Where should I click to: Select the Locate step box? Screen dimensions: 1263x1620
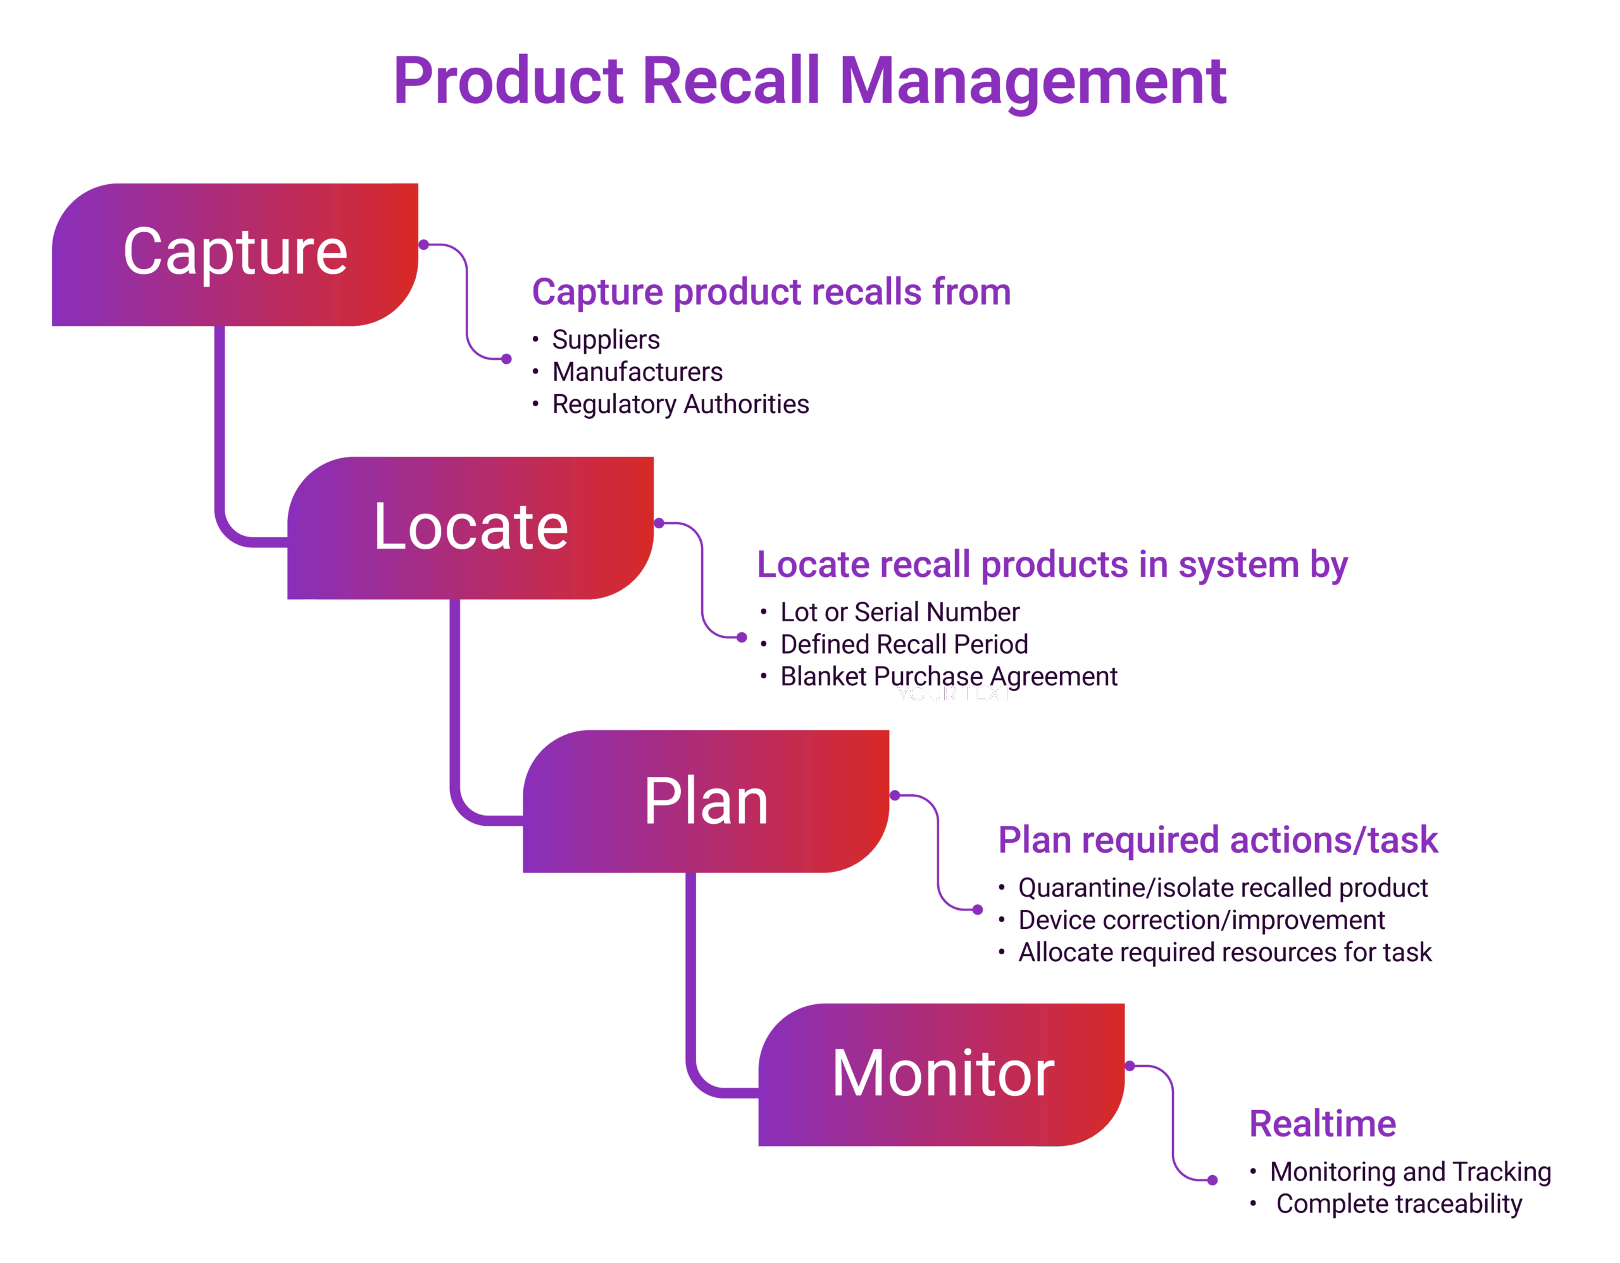[x=470, y=527]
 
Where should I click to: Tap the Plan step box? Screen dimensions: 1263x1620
[x=706, y=801]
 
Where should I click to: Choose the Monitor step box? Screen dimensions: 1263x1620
[x=941, y=1074]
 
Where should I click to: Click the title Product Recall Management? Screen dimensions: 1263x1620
[x=809, y=81]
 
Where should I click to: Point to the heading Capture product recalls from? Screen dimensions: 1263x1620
[x=771, y=292]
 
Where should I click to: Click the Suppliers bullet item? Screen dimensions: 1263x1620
[x=605, y=340]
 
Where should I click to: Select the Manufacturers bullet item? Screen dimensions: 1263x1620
[x=637, y=371]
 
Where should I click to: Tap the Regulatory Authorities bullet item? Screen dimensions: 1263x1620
[x=680, y=404]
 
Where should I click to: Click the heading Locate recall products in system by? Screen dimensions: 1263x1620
[x=1052, y=565]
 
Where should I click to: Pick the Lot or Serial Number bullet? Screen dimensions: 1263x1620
[x=900, y=612]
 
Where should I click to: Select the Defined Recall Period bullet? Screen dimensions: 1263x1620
[x=904, y=644]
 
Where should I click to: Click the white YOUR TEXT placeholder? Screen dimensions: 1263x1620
[x=953, y=694]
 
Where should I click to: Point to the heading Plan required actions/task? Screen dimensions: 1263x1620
[x=1218, y=840]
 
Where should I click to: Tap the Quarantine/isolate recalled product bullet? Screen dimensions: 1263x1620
[x=1223, y=888]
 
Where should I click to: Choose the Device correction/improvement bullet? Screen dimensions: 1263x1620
[x=1201, y=919]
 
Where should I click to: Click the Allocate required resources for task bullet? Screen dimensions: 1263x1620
[x=1224, y=952]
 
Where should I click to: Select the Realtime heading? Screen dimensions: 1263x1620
[x=1323, y=1124]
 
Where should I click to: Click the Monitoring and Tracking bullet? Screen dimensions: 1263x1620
[x=1410, y=1172]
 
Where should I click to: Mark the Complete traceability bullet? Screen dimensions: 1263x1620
[x=1399, y=1204]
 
